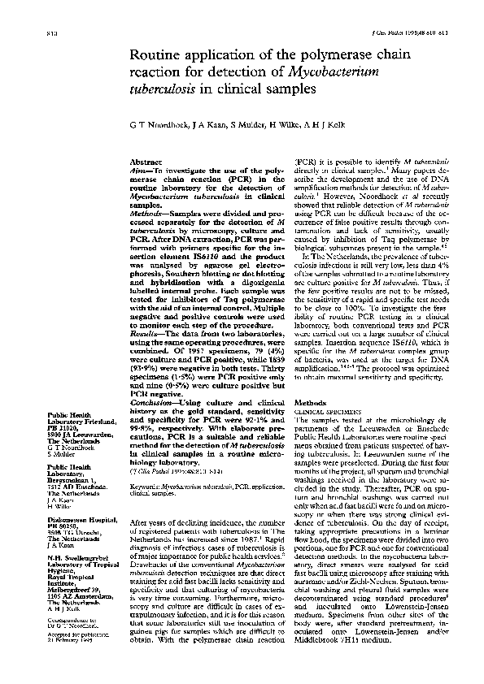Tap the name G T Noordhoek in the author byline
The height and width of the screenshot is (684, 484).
click(162, 123)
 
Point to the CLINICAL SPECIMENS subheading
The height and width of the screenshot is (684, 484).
click(325, 412)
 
